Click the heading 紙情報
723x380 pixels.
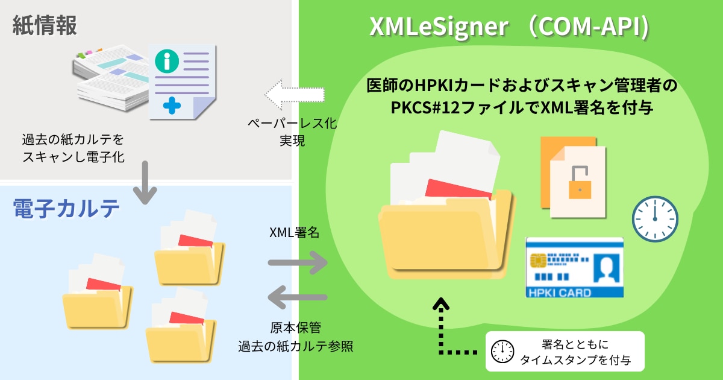[45, 27]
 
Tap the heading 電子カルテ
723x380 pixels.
[66, 209]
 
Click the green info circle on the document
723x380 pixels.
[167, 60]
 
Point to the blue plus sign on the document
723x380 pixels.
[172, 106]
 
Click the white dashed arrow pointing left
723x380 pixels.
[295, 95]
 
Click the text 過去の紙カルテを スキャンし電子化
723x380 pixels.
[73, 148]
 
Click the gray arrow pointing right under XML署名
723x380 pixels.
[298, 262]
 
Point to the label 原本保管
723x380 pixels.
[295, 328]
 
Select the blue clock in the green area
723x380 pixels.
[655, 218]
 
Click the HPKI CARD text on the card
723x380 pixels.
[558, 293]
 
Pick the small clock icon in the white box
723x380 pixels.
[502, 351]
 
